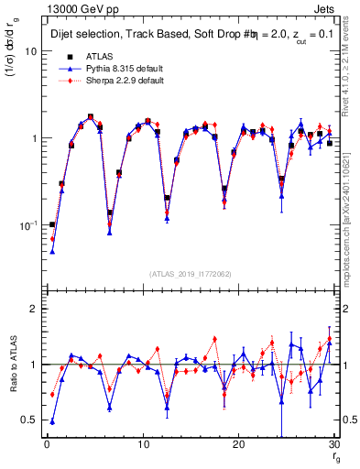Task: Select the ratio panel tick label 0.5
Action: pyautogui.click(x=30, y=420)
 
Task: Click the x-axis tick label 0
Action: pyautogui.click(x=46, y=445)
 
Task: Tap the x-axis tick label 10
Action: pyautogui.click(x=142, y=445)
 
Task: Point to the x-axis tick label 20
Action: pyautogui.click(x=238, y=445)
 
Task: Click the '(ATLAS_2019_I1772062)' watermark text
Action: pyautogui.click(x=190, y=274)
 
